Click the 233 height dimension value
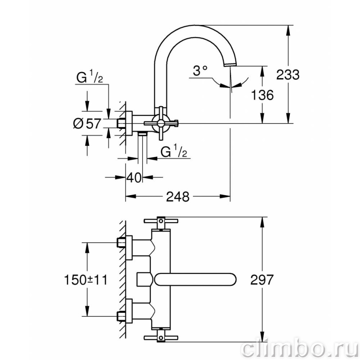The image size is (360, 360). [288, 75]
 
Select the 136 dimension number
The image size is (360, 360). [262, 95]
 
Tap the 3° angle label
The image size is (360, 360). [200, 71]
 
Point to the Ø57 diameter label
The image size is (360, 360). [87, 124]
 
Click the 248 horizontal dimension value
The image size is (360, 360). [178, 196]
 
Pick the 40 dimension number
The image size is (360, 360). [134, 177]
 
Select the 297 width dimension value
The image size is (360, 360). [262, 280]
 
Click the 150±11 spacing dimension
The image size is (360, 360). [86, 280]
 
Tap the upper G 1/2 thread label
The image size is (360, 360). [89, 76]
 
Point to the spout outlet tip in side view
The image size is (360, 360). [230, 65]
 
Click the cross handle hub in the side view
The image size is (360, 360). [161, 123]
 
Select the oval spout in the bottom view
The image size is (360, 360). [196, 280]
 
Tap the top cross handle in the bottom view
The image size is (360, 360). [161, 221]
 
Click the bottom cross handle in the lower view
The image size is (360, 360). [161, 337]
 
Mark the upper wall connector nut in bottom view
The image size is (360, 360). [121, 243]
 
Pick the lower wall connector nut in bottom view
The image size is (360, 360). [121, 316]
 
